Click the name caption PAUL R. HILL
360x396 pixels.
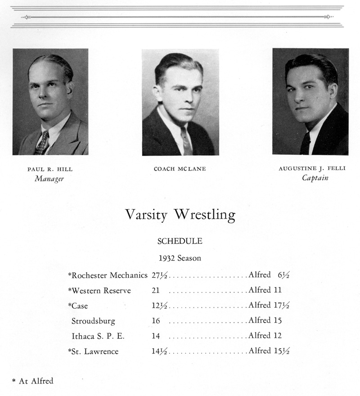coord(50,170)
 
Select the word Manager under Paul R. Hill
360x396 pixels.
coord(50,179)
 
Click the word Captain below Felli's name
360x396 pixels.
coord(315,178)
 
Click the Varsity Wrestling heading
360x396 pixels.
coord(180,215)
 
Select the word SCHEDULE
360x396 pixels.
coord(180,241)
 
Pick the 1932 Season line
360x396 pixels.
coord(180,258)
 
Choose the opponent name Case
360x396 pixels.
coord(80,306)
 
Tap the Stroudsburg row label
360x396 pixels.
coord(93,321)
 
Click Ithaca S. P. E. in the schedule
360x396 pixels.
coord(98,336)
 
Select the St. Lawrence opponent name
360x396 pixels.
coord(94,351)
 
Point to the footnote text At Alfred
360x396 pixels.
coord(36,381)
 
